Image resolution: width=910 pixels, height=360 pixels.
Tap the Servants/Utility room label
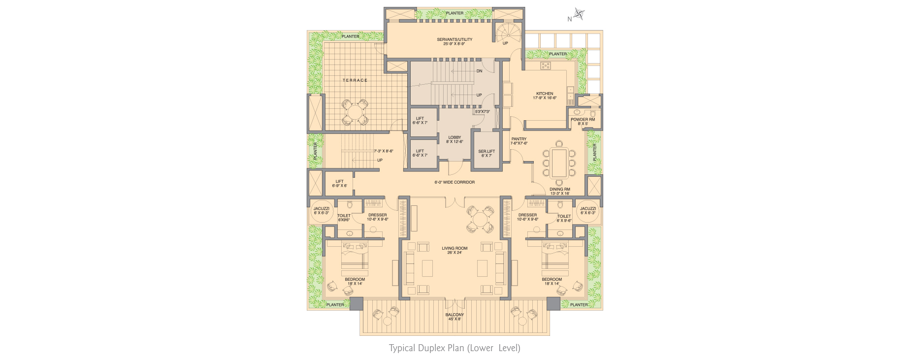click(x=455, y=41)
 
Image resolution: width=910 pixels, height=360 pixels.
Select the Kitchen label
click(x=545, y=96)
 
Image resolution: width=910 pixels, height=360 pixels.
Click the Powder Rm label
click(x=583, y=122)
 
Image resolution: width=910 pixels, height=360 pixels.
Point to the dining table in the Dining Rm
click(x=559, y=163)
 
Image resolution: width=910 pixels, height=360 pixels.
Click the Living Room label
click(x=455, y=250)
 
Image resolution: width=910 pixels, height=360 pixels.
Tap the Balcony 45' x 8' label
click(x=455, y=317)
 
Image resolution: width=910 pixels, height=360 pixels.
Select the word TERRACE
click(x=355, y=80)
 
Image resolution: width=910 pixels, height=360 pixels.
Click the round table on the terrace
click(x=355, y=113)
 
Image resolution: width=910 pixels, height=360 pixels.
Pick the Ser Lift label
click(x=487, y=154)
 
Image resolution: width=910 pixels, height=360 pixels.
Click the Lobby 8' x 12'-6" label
click(x=455, y=139)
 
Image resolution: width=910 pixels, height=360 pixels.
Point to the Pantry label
click(x=519, y=141)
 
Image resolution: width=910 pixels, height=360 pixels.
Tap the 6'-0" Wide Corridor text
click(x=455, y=182)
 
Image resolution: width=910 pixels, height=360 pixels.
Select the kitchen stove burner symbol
click(x=546, y=65)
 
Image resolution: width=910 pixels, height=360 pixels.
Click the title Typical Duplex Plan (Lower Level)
click(x=455, y=348)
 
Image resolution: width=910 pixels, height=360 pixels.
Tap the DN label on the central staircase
click(x=479, y=71)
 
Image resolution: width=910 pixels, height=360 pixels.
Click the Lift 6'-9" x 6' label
click(x=339, y=184)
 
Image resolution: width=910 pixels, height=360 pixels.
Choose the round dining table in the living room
click(x=480, y=218)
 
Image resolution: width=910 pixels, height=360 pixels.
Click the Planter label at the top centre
click(x=455, y=13)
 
